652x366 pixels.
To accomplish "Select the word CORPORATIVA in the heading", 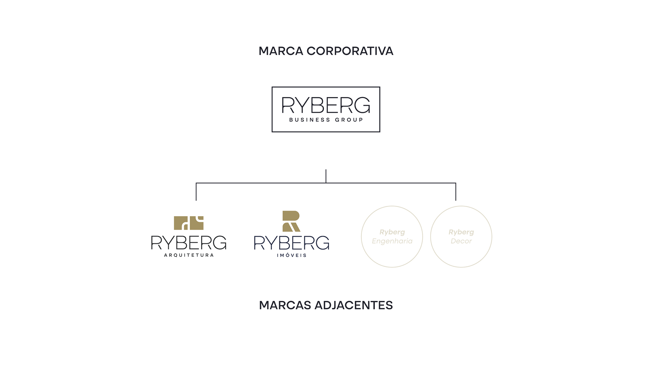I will pyautogui.click(x=350, y=51).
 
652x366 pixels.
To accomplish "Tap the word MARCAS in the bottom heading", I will pyautogui.click(x=285, y=305).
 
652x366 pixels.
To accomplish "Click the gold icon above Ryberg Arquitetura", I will pyautogui.click(x=188, y=223).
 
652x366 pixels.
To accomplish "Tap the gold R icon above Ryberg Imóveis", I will pyautogui.click(x=291, y=221).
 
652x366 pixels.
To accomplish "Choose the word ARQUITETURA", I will pyautogui.click(x=189, y=255).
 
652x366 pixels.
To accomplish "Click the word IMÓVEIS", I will pyautogui.click(x=292, y=255).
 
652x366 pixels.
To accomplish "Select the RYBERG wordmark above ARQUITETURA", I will pyautogui.click(x=189, y=243).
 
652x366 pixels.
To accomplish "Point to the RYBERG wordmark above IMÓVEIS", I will pyautogui.click(x=292, y=243).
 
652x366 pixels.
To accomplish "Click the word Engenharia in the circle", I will pyautogui.click(x=392, y=241).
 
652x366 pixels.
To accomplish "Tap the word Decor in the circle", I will pyautogui.click(x=461, y=241).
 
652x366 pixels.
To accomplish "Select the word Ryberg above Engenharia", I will pyautogui.click(x=392, y=232).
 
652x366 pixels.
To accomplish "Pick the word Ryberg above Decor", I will pyautogui.click(x=461, y=232).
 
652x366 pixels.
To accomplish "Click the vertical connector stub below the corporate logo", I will pyautogui.click(x=326, y=176).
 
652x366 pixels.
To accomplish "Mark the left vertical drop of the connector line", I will pyautogui.click(x=196, y=192).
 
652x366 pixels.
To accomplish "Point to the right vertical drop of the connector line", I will pyautogui.click(x=456, y=192).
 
